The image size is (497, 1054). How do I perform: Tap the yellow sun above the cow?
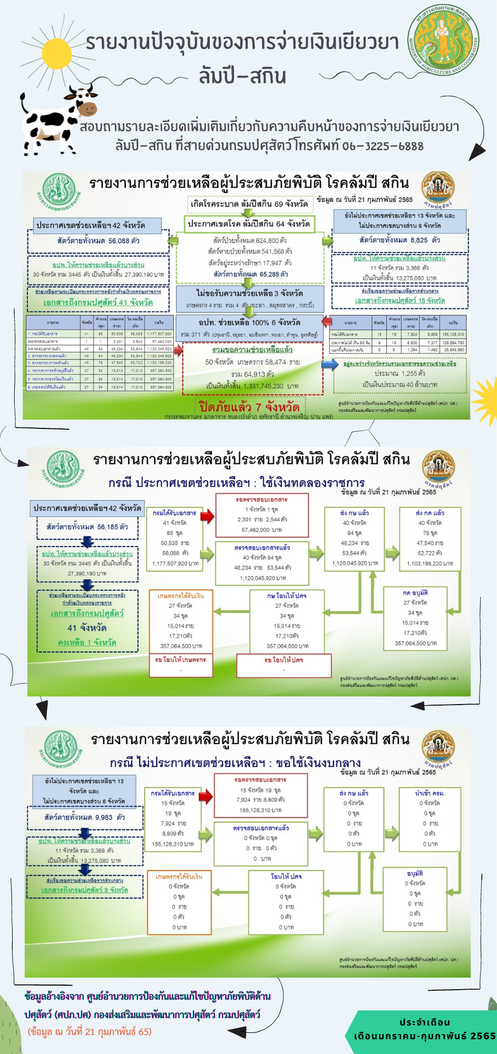(x=56, y=53)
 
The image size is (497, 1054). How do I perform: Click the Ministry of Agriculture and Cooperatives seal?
(x=443, y=41)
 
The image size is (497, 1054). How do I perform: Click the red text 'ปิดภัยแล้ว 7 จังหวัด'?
(x=249, y=407)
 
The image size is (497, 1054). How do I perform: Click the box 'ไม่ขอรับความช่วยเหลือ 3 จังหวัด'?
(x=249, y=293)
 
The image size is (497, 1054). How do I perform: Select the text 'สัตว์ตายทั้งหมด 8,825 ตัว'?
(x=399, y=240)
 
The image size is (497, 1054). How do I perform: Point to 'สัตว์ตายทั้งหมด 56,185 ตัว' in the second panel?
(x=87, y=526)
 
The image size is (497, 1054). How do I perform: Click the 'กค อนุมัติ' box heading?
(x=415, y=593)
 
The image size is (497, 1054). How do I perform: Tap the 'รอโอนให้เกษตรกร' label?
(x=180, y=660)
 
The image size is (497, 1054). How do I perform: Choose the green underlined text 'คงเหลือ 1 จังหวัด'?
(x=87, y=642)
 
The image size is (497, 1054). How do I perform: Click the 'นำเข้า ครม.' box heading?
(x=430, y=793)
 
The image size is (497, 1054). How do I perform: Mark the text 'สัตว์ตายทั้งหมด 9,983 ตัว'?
(x=84, y=817)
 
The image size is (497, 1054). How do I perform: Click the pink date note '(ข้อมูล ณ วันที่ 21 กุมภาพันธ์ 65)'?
(x=90, y=1031)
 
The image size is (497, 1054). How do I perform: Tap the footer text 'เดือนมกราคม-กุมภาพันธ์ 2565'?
(x=425, y=1036)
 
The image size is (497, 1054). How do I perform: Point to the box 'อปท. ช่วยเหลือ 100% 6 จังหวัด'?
(x=249, y=322)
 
